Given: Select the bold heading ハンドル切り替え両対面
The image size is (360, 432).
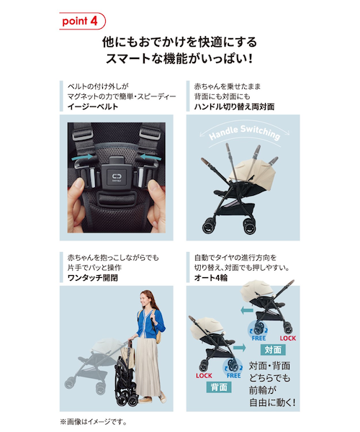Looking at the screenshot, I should pos(233,107).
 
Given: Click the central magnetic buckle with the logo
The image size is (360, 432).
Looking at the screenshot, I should pos(117,176).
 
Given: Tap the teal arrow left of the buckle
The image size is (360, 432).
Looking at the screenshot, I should pos(85,155).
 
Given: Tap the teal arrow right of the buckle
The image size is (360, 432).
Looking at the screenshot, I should pos(148,155).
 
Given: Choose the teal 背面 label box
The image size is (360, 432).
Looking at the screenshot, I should pos(217,386).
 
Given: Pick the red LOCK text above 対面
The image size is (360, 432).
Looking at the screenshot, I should pos(287,338).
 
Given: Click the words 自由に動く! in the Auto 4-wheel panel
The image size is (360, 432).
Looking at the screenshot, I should pos(274,402).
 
